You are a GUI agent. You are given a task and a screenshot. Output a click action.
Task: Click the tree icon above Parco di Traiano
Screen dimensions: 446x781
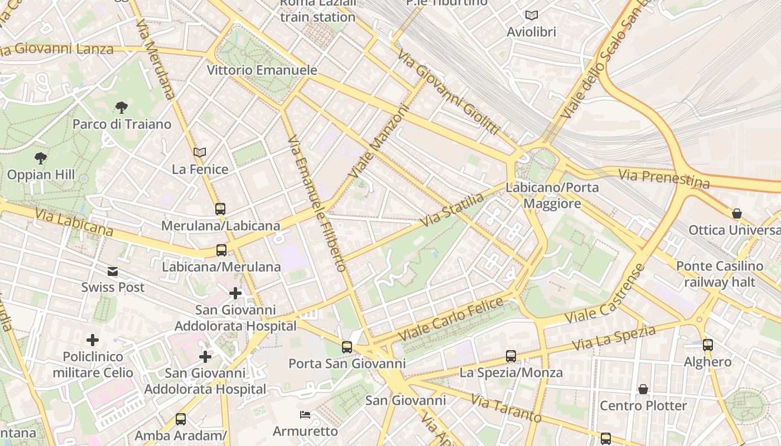(x=121, y=107)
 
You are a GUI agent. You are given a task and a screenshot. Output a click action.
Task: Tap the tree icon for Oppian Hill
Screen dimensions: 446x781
(x=40, y=158)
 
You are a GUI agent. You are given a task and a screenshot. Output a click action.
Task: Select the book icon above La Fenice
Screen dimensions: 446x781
(x=200, y=152)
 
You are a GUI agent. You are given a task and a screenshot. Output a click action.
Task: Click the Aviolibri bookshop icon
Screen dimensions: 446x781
(x=531, y=16)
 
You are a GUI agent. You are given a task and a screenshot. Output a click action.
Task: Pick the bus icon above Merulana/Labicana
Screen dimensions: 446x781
(x=220, y=209)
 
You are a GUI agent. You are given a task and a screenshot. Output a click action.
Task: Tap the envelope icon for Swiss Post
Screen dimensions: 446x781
(x=113, y=272)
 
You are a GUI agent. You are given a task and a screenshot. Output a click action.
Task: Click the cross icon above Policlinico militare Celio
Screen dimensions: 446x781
(x=93, y=340)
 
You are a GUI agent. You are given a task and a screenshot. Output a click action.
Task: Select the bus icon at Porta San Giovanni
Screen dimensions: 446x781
(x=347, y=347)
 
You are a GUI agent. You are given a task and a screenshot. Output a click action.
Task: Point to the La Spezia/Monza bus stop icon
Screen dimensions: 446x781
(x=510, y=356)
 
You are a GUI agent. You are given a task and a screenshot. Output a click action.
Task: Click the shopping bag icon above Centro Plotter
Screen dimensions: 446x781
(x=643, y=389)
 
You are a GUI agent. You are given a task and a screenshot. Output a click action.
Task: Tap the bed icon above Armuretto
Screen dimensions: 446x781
(x=305, y=415)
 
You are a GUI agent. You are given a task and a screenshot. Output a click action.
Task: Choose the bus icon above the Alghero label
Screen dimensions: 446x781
(x=707, y=345)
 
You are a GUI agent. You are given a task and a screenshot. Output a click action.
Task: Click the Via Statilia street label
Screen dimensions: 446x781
(x=452, y=210)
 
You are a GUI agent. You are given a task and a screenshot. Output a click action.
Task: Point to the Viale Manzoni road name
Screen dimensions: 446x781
(x=379, y=143)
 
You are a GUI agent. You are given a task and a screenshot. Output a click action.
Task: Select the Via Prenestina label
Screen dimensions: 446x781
(x=664, y=179)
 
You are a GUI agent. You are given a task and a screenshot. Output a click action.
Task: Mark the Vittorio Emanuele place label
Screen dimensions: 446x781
(x=262, y=70)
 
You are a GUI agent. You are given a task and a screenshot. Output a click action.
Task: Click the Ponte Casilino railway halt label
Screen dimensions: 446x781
(x=719, y=274)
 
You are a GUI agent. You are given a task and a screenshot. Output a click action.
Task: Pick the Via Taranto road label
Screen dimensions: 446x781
(x=505, y=409)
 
